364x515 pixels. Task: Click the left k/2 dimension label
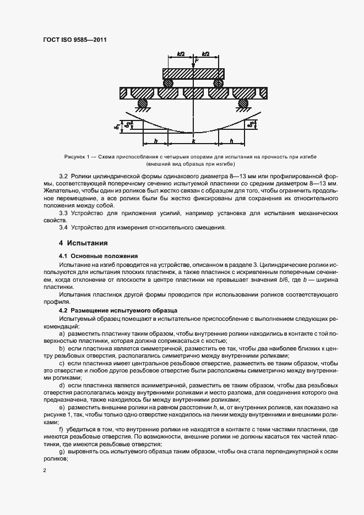(x=181, y=53)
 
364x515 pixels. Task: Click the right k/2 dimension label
(x=205, y=53)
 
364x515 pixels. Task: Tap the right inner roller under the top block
(x=218, y=83)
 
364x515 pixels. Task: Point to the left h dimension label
(x=156, y=141)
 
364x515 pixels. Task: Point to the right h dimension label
(x=231, y=141)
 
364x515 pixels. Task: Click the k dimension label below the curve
(x=193, y=141)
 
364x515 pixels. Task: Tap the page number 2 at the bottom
(x=45, y=471)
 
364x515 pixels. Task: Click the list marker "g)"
(x=61, y=452)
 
